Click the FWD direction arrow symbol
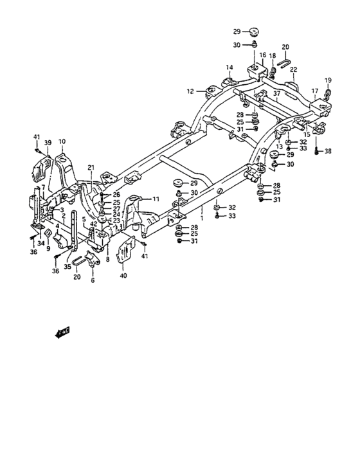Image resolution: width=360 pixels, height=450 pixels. click(x=62, y=332)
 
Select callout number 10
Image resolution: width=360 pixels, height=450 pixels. click(x=62, y=141)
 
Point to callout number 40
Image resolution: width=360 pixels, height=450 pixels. click(x=123, y=276)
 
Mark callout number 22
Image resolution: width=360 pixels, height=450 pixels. click(x=293, y=69)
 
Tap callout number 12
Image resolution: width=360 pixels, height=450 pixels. click(x=190, y=91)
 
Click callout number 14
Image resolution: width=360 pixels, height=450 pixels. click(x=229, y=67)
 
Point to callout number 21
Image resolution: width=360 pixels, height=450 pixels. click(x=91, y=168)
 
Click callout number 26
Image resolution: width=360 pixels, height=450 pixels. click(x=116, y=194)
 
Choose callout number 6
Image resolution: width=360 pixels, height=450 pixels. click(x=92, y=281)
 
